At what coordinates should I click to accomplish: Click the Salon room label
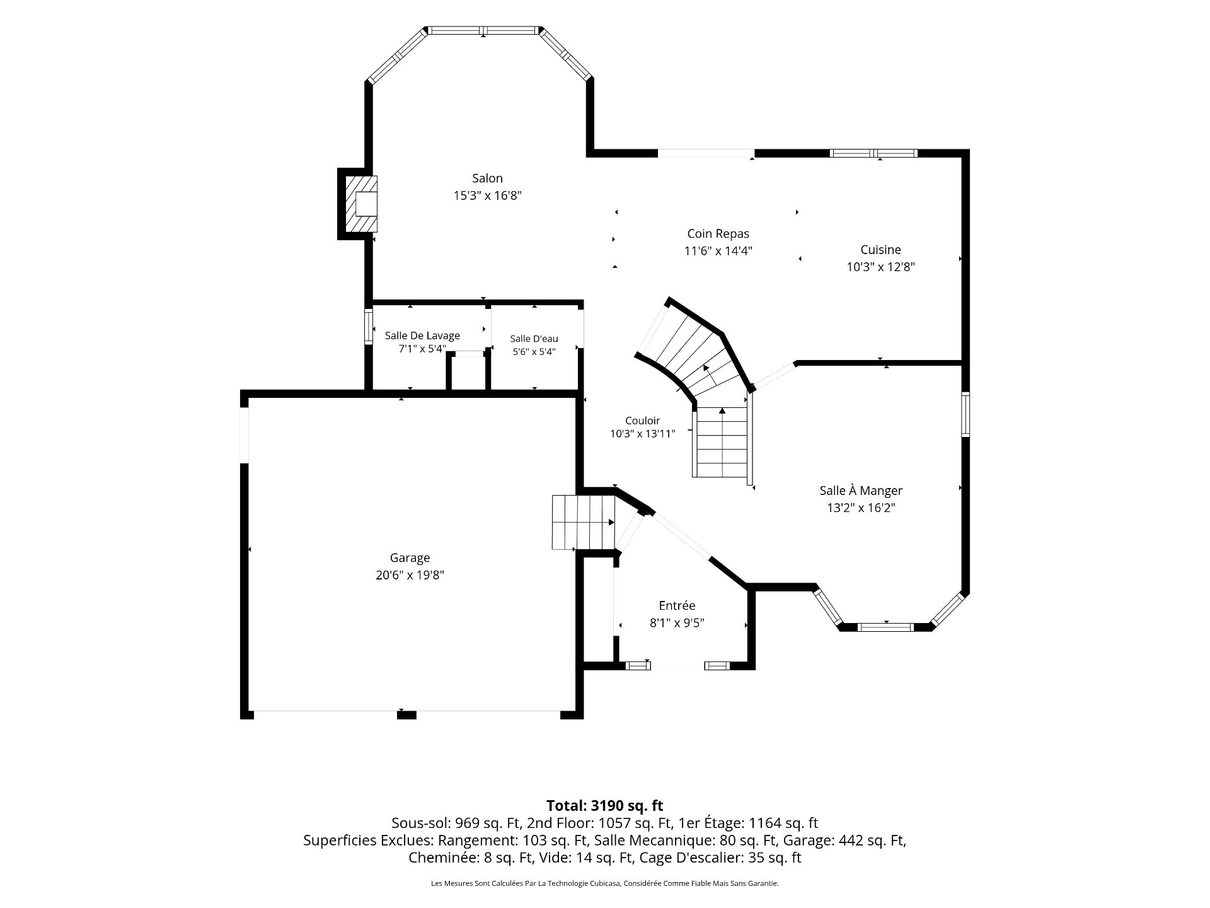[x=487, y=178]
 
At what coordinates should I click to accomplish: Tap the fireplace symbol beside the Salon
[x=361, y=204]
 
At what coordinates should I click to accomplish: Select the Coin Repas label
[x=718, y=234]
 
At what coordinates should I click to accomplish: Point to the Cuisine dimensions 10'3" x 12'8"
[x=880, y=267]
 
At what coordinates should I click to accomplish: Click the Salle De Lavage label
[x=422, y=335]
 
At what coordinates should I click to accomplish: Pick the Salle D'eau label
[x=534, y=339]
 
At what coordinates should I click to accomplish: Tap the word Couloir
[x=642, y=421]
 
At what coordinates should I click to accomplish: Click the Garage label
[x=410, y=558]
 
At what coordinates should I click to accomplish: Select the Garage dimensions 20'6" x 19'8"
[x=410, y=575]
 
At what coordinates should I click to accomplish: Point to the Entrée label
[x=677, y=606]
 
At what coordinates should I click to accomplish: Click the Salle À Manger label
[x=861, y=491]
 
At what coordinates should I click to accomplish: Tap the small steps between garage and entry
[x=584, y=522]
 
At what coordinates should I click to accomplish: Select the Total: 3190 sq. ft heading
[x=605, y=805]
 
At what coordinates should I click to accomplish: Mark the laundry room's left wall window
[x=369, y=326]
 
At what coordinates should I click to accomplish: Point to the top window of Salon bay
[x=483, y=30]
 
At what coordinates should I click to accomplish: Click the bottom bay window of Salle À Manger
[x=885, y=627]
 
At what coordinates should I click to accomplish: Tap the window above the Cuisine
[x=873, y=153]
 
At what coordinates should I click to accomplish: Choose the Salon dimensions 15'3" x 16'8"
[x=488, y=195]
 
